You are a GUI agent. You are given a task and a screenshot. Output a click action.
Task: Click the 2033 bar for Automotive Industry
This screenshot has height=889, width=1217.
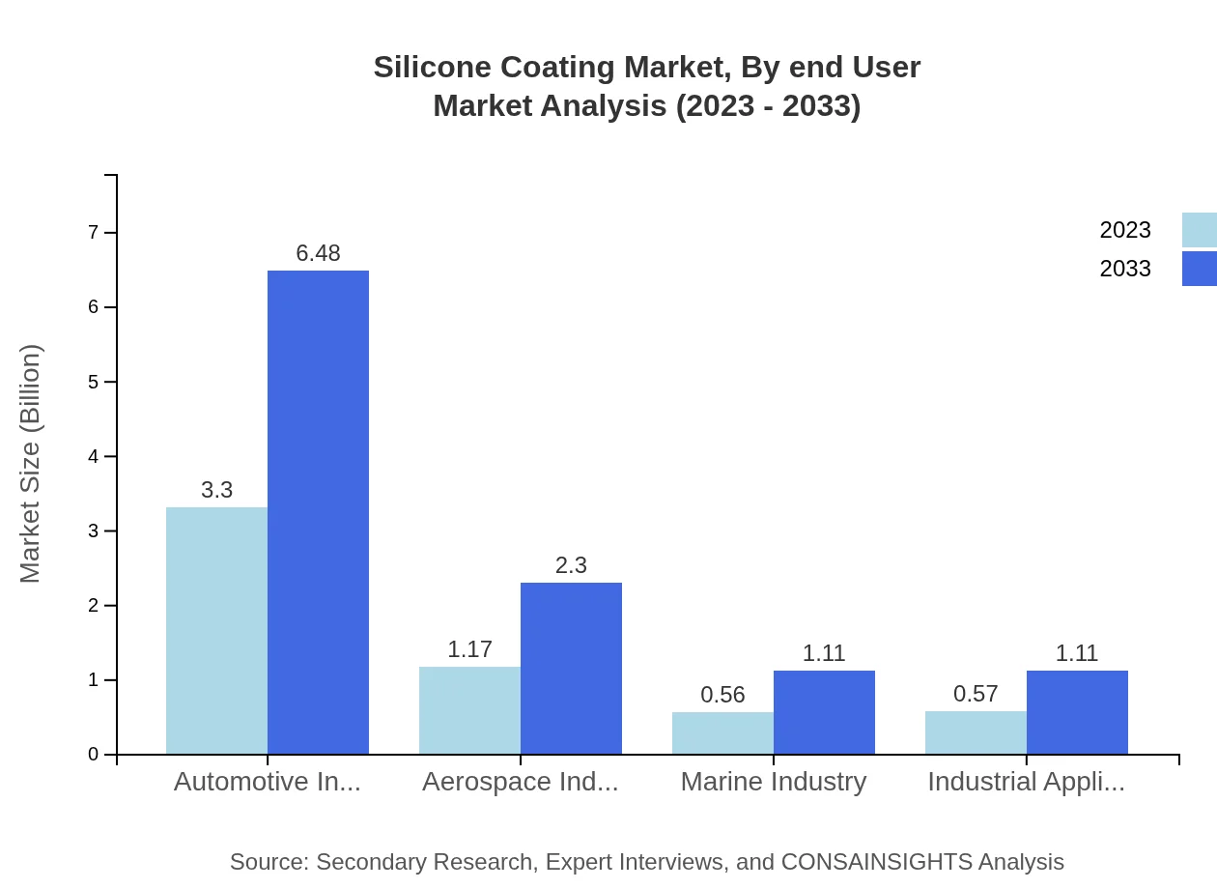click(318, 512)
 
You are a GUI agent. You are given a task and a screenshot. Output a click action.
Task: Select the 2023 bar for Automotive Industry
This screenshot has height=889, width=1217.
click(216, 630)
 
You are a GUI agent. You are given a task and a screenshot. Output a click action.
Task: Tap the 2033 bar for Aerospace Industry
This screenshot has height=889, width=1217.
click(571, 668)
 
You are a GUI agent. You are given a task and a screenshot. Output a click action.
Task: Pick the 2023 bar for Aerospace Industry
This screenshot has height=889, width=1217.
click(469, 710)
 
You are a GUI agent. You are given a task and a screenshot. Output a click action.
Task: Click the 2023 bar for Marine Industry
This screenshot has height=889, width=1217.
click(722, 732)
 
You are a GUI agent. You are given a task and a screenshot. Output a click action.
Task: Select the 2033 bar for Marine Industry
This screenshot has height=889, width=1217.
click(824, 712)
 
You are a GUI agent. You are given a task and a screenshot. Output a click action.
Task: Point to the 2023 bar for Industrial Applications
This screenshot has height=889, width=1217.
click(976, 732)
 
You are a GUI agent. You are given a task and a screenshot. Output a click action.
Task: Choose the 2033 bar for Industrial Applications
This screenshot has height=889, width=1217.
click(1077, 712)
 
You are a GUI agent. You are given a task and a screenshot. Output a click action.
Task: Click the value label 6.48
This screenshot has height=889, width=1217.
click(318, 253)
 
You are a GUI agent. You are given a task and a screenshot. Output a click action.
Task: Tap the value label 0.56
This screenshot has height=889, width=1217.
click(722, 695)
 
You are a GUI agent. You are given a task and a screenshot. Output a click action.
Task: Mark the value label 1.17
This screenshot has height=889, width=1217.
click(469, 649)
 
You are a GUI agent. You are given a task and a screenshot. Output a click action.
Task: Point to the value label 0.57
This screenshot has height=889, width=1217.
click(976, 694)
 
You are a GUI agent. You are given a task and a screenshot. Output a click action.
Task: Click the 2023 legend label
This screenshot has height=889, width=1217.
click(1124, 230)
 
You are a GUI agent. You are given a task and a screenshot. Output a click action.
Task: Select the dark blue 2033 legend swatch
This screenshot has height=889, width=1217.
click(1199, 269)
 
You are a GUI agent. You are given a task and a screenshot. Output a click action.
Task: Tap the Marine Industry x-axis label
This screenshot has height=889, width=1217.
click(773, 781)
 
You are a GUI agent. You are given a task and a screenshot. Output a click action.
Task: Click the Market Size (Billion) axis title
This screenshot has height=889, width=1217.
click(31, 464)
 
